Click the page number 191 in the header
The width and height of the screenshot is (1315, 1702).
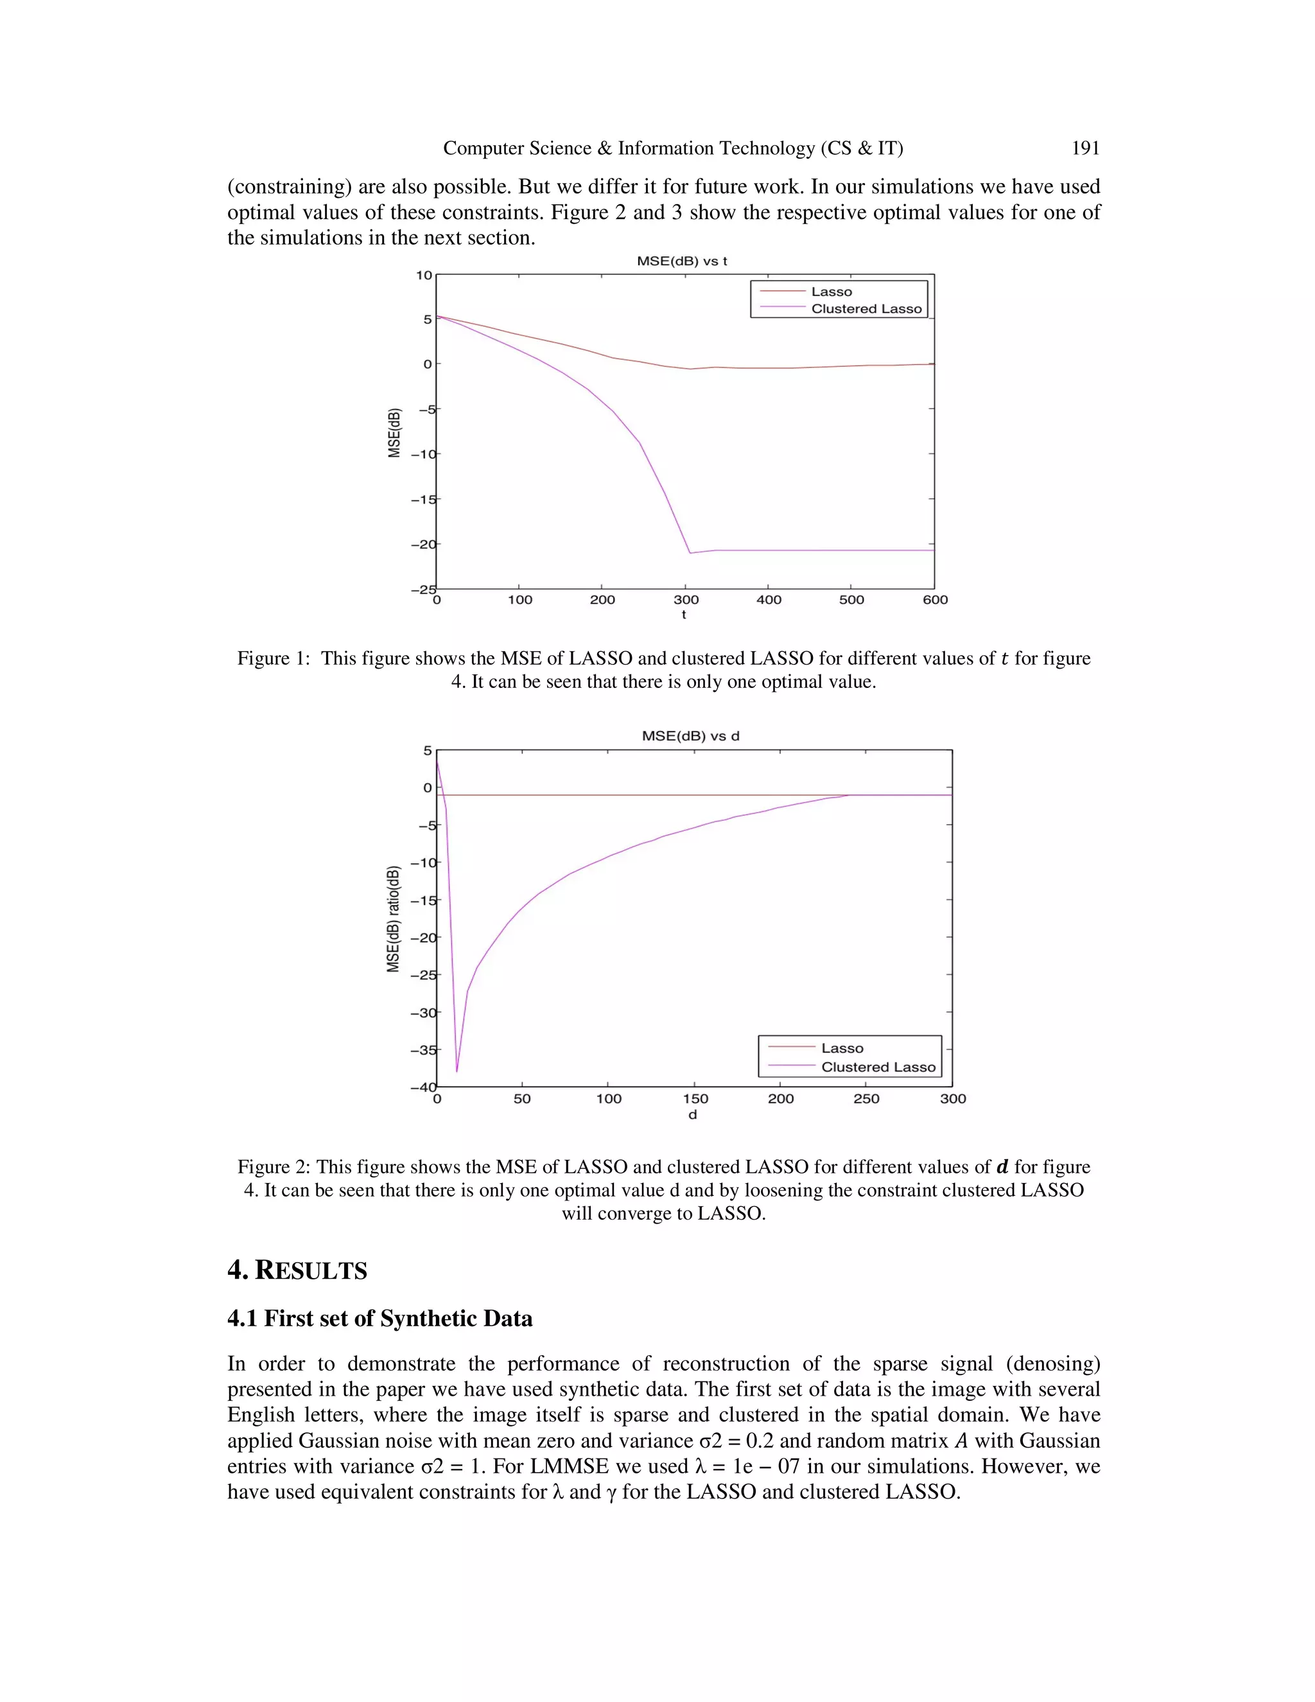(x=1085, y=148)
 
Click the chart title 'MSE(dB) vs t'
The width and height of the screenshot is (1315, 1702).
(x=682, y=261)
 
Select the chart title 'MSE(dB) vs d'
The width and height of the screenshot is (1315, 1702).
(x=690, y=735)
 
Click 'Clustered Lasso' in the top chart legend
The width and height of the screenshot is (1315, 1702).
(x=866, y=308)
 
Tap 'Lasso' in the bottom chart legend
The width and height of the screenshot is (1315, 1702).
(x=842, y=1048)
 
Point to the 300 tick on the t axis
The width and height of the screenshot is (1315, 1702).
(x=686, y=599)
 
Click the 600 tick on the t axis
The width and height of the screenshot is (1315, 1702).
(x=935, y=599)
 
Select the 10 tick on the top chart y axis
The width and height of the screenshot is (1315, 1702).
(x=423, y=275)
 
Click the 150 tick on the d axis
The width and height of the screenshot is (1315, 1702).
(x=695, y=1099)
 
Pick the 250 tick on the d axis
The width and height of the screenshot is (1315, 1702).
(x=866, y=1099)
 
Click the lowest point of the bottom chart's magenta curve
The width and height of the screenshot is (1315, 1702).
(x=457, y=1071)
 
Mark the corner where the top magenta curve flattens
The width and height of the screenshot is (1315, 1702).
(x=690, y=552)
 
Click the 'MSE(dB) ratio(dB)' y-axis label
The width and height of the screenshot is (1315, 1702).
(x=394, y=919)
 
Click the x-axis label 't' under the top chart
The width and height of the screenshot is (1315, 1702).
(x=684, y=615)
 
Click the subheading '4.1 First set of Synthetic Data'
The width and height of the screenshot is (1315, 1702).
(x=379, y=1319)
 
